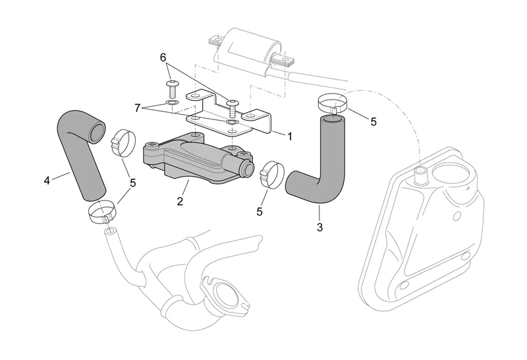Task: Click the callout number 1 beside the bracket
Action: [x=289, y=136]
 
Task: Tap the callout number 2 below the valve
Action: [x=180, y=201]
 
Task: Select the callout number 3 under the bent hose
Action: [x=319, y=227]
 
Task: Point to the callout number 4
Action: [x=47, y=181]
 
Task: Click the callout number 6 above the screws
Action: [x=163, y=58]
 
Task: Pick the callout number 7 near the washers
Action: [x=137, y=108]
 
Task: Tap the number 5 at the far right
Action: [x=374, y=121]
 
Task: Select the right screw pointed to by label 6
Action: [x=231, y=107]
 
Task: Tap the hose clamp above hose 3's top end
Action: [x=333, y=103]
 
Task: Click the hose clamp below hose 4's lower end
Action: [x=103, y=212]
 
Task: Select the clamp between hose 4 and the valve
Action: [x=123, y=142]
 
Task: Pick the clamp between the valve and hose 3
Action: [x=272, y=175]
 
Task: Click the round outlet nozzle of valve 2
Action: [x=249, y=169]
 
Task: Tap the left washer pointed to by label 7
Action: [x=172, y=102]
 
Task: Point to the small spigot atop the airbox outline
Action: [x=421, y=175]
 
